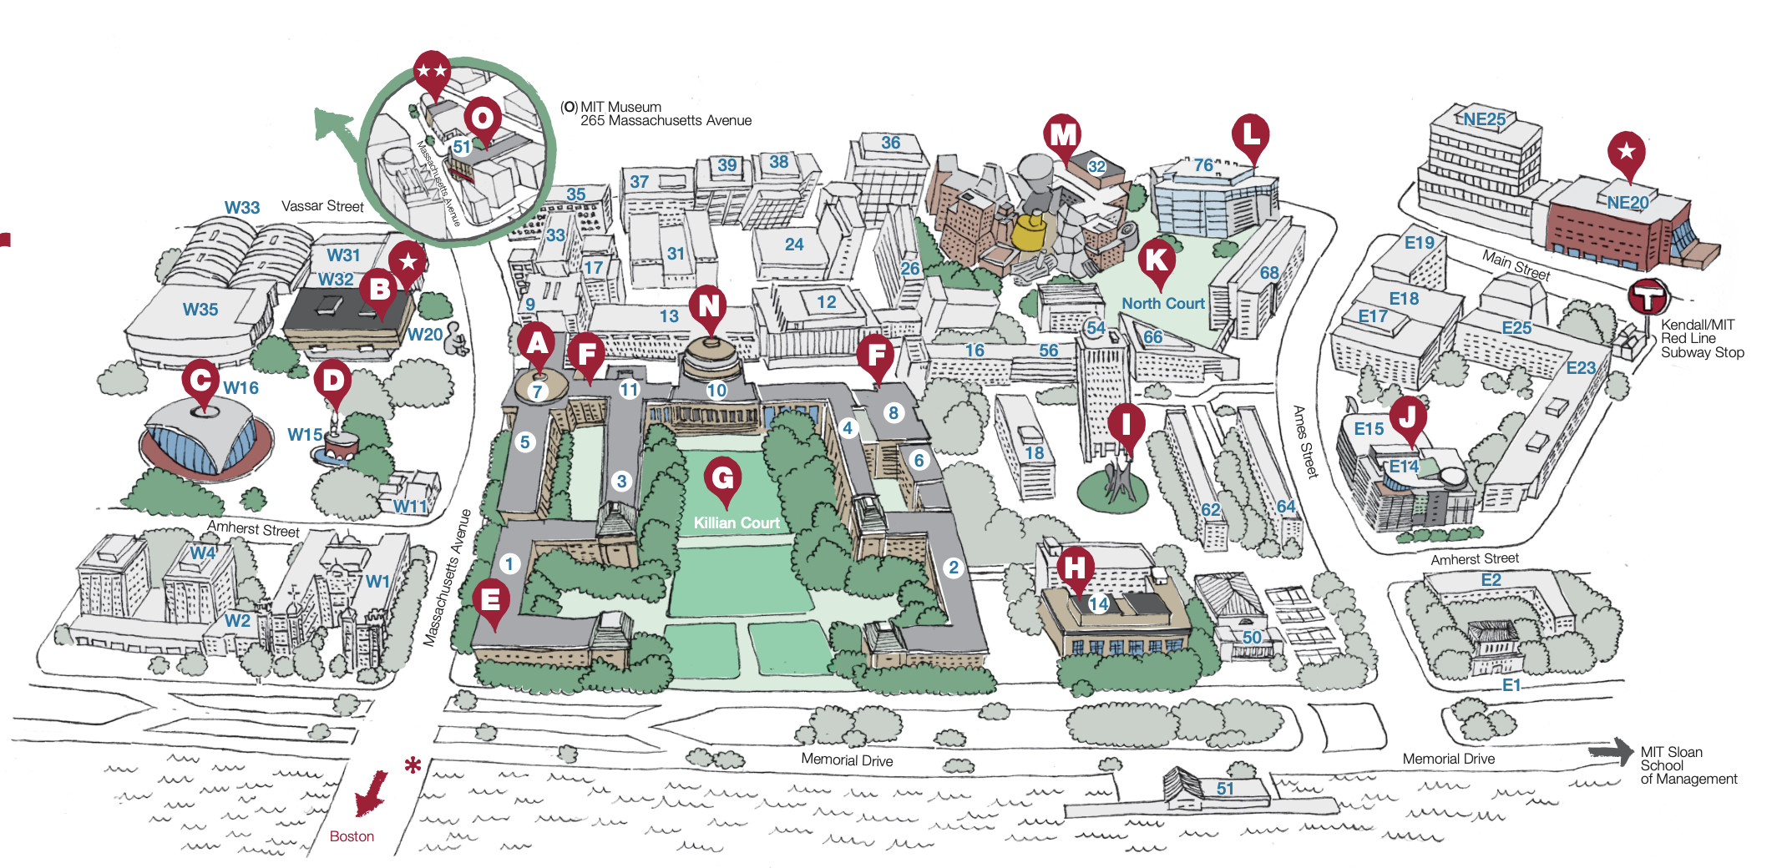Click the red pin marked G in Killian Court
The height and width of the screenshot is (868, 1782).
[x=723, y=479]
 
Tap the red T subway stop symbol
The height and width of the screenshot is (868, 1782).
[x=1648, y=297]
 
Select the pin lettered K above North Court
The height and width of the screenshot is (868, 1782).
[x=1157, y=260]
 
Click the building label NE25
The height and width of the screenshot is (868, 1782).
[x=1485, y=119]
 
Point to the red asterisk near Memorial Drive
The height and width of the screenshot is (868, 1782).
[x=413, y=765]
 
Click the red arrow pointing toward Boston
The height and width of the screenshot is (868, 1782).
[x=370, y=794]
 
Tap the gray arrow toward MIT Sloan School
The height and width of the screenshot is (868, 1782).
[x=1612, y=751]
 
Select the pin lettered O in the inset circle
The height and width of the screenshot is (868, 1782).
[x=483, y=118]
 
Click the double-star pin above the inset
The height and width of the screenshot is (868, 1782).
[x=432, y=72]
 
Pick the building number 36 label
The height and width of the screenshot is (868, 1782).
[x=891, y=143]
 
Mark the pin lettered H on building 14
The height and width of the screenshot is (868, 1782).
[x=1075, y=568]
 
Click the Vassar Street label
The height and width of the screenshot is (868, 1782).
[x=322, y=206]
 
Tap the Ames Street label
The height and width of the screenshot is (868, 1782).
[x=1304, y=442]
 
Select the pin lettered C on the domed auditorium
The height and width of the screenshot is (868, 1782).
[x=200, y=381]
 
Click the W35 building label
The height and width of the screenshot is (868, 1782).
[x=200, y=310]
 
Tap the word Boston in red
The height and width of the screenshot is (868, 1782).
[x=352, y=836]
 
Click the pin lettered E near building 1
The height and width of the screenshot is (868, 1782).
[x=491, y=599]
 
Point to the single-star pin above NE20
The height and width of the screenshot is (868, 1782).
[x=1626, y=152]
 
